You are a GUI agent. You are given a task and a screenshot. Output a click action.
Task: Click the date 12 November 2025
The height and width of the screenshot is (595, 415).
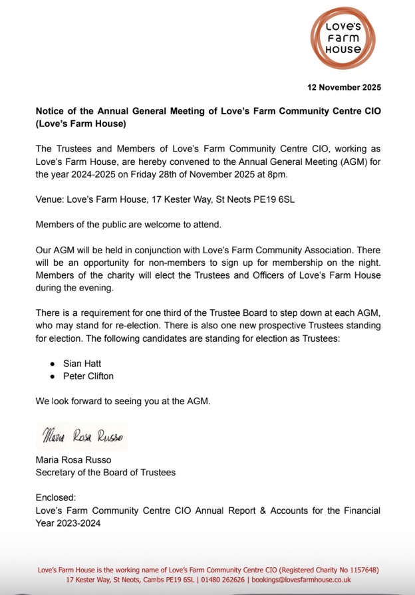(x=344, y=87)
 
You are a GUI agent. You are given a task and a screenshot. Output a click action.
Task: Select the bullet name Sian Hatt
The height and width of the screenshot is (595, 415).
(x=80, y=365)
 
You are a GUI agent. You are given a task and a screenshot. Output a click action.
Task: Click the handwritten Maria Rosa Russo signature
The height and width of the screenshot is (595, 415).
(x=82, y=437)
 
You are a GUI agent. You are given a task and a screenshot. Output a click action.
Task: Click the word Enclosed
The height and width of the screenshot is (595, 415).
(x=55, y=497)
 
